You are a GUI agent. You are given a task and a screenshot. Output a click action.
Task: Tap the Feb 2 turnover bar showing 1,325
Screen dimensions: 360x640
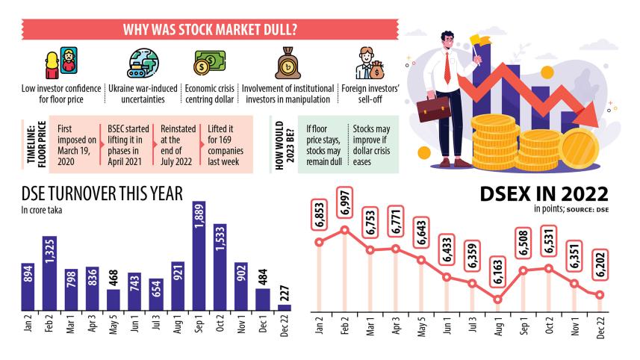(x=49, y=273)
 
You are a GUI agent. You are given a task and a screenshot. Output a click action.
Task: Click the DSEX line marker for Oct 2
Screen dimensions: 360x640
(x=549, y=268)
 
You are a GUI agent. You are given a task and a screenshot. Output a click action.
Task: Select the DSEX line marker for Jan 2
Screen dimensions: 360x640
(x=320, y=241)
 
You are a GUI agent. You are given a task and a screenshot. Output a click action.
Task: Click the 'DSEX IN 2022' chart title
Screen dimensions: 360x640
(x=544, y=196)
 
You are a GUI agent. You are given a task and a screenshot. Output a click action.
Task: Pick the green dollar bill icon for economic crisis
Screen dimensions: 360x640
(x=210, y=63)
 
